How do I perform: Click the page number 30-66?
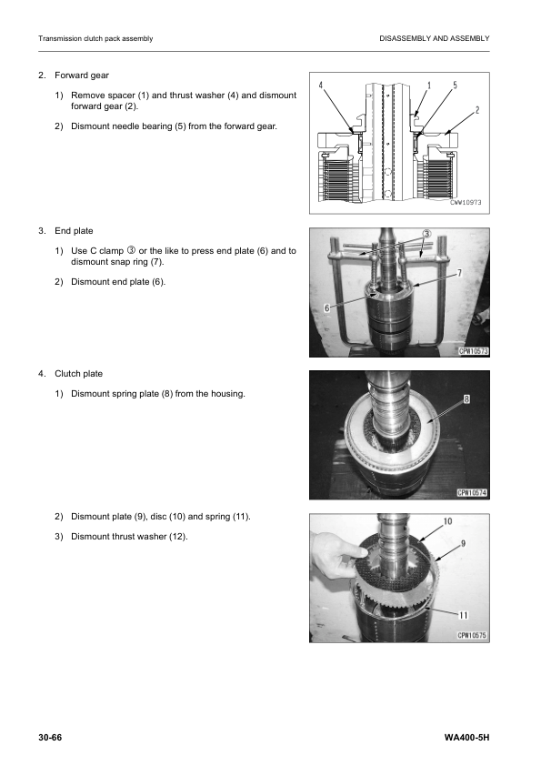click(x=50, y=737)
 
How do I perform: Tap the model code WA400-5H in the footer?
click(x=466, y=737)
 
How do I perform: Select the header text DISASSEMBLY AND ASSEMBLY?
click(x=435, y=38)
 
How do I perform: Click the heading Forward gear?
click(x=82, y=76)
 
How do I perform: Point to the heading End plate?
click(x=74, y=230)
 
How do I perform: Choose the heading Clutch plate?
click(x=78, y=374)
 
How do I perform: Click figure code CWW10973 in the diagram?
click(x=466, y=202)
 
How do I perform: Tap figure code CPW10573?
click(x=474, y=351)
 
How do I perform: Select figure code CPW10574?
click(x=472, y=493)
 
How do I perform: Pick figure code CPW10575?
click(x=472, y=636)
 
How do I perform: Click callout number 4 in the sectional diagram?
click(x=321, y=85)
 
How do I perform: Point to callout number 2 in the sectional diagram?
click(x=477, y=110)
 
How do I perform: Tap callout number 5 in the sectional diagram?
click(x=455, y=85)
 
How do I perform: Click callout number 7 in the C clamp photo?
click(x=459, y=273)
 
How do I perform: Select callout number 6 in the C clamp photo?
click(x=327, y=307)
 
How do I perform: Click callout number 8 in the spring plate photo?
click(x=466, y=399)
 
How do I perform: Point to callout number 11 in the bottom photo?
click(x=464, y=615)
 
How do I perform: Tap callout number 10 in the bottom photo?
click(x=447, y=521)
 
